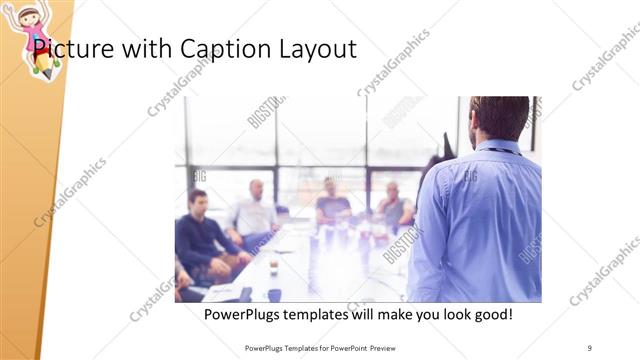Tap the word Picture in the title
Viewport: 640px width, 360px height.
pos(69,48)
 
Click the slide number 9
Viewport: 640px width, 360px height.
pos(590,347)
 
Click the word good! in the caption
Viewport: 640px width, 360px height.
pos(490,314)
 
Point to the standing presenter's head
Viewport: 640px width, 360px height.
pos(499,117)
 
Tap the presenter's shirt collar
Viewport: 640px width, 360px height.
pos(497,147)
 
